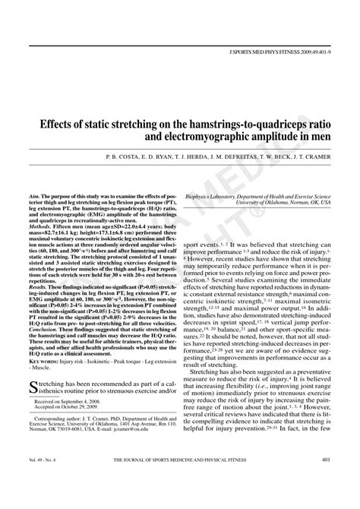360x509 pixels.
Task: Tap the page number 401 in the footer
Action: tap(326, 482)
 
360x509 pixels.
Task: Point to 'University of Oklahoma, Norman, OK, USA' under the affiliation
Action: tap(283, 204)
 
